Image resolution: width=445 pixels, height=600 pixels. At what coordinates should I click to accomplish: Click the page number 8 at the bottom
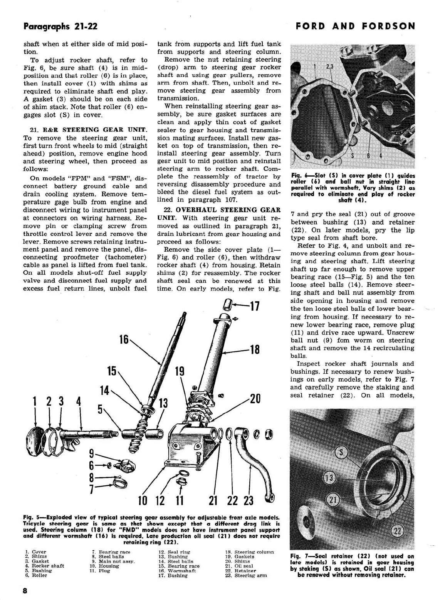[x=25, y=591]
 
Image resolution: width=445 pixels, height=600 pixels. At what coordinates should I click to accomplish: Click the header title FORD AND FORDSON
[x=356, y=26]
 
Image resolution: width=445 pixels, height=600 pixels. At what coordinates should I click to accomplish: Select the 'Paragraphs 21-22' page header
[x=60, y=26]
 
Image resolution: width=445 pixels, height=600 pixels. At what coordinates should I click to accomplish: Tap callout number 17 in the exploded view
[x=255, y=307]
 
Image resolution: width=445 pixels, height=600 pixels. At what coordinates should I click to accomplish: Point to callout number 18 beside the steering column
[x=255, y=349]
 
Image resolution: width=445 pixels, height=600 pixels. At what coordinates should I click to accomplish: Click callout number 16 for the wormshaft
[x=124, y=339]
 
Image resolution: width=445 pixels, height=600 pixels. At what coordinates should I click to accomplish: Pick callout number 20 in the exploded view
[x=255, y=398]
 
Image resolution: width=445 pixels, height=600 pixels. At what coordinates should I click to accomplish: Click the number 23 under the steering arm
[x=249, y=500]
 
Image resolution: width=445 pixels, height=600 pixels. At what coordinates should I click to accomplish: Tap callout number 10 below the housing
[x=143, y=500]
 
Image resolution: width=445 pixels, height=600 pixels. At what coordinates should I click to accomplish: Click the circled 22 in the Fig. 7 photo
[x=398, y=531]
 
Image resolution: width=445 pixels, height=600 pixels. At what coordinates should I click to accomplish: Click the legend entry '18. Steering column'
[x=250, y=552]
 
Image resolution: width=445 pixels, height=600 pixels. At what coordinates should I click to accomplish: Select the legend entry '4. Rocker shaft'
[x=44, y=566]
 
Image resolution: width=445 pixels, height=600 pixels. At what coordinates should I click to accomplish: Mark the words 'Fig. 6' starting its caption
[x=298, y=176]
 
